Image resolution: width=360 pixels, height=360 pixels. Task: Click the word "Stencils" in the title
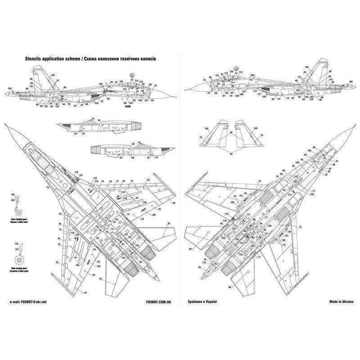pos(35,59)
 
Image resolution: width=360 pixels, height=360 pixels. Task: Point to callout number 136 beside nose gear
pos(12,194)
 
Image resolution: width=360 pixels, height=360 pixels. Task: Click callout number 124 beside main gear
pos(17,243)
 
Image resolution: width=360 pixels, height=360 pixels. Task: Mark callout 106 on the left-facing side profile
pos(10,88)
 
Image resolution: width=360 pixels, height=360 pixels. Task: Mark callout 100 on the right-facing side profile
pos(252,75)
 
